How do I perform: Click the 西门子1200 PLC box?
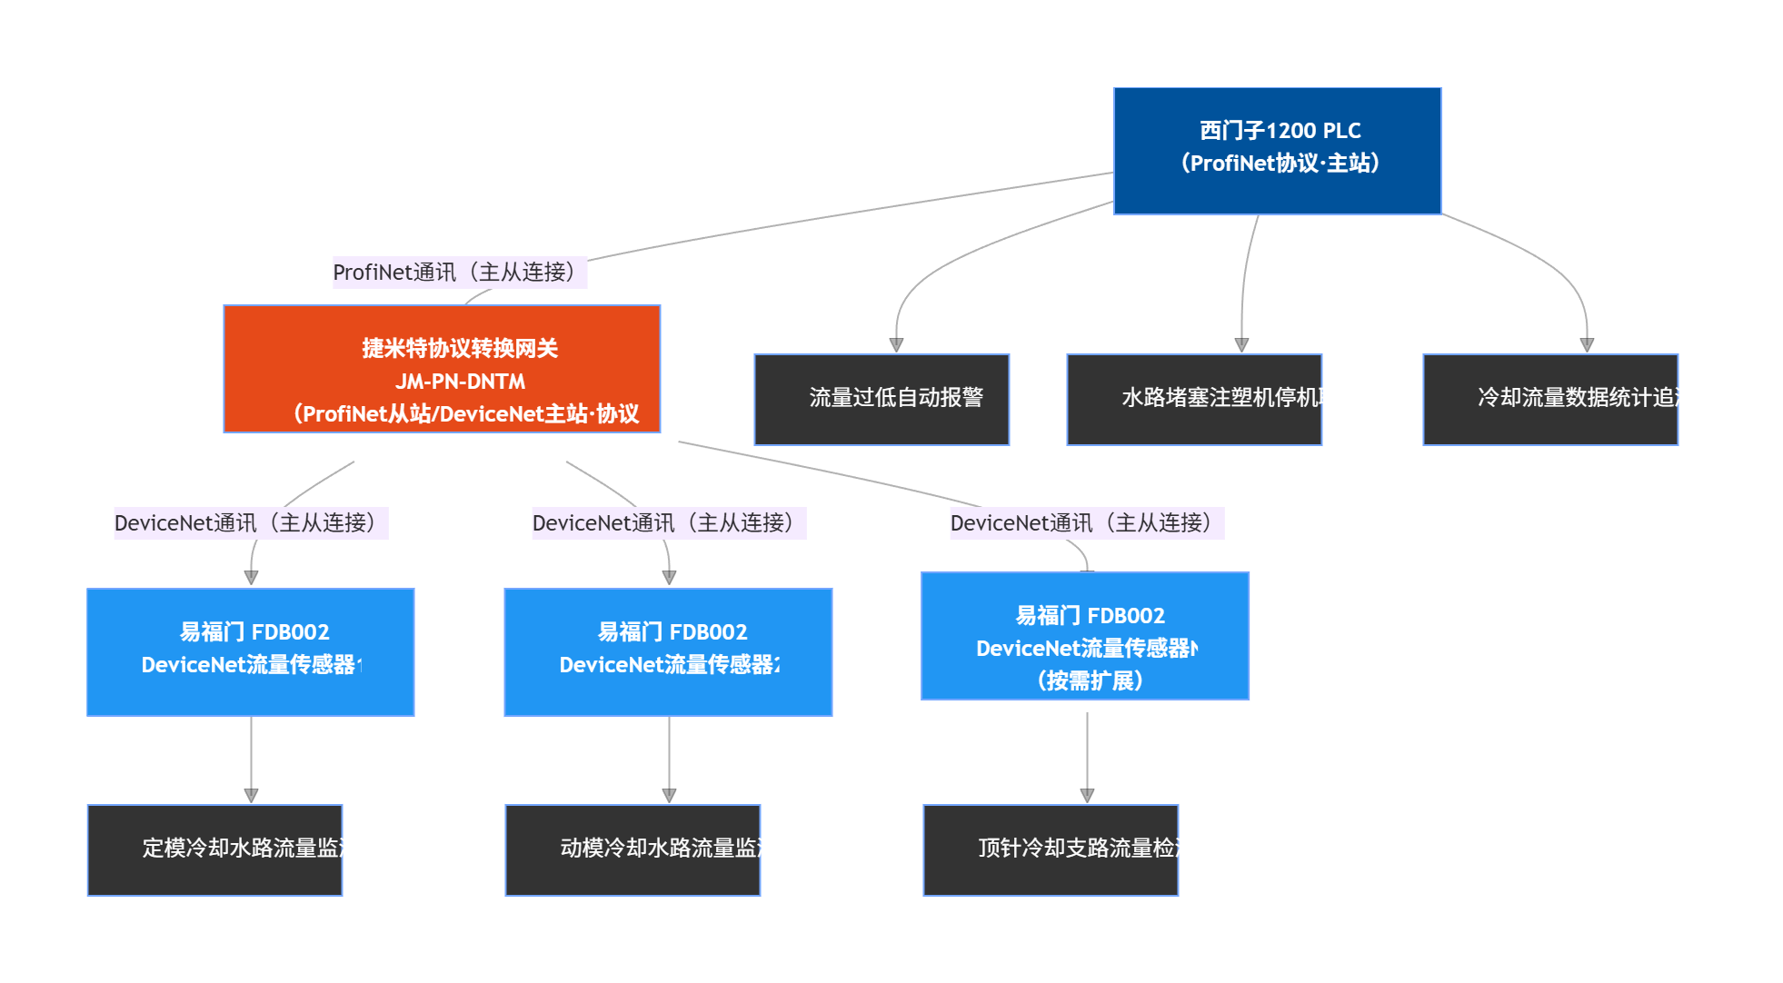point(1277,151)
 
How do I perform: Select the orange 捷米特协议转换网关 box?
point(442,369)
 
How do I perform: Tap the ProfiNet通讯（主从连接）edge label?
point(459,273)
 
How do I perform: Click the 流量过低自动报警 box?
point(882,400)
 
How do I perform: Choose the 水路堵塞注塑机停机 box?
point(1193,400)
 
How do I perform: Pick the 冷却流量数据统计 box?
point(1549,400)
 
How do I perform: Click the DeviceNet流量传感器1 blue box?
point(251,652)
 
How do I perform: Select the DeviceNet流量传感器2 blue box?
point(668,652)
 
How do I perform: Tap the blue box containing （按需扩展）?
point(1085,636)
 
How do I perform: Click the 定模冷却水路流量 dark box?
point(214,850)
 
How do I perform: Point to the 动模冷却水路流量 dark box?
point(633,850)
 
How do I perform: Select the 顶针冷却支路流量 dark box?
point(1051,850)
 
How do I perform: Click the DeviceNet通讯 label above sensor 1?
point(251,523)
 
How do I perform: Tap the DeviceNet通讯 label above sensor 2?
point(669,523)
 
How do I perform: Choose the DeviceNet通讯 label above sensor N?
point(1087,523)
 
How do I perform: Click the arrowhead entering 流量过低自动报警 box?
point(896,345)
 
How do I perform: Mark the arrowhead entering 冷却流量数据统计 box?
point(1587,345)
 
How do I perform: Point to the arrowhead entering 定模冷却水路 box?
point(251,796)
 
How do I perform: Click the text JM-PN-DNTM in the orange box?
point(460,382)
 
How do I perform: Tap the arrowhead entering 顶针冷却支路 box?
point(1087,796)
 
